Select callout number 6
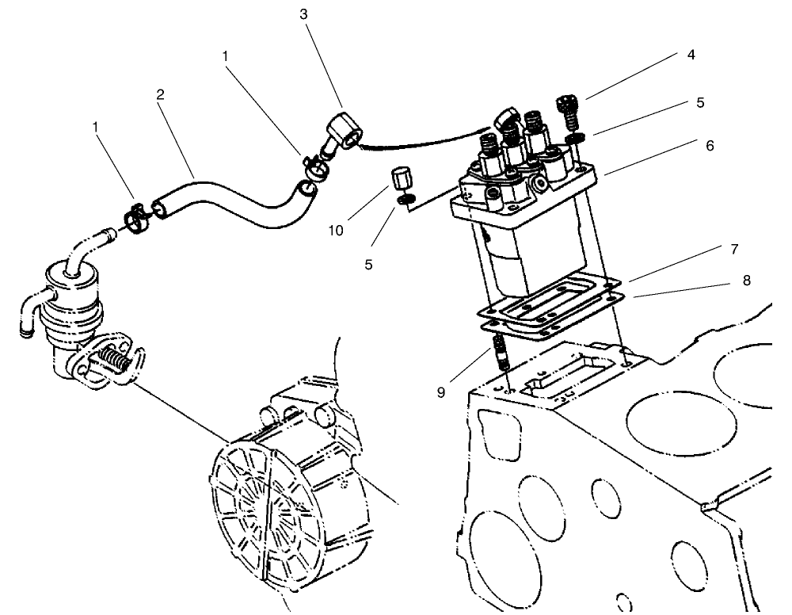(710, 146)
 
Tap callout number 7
(734, 249)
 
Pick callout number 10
(336, 231)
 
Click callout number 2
(161, 94)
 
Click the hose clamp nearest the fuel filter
(137, 216)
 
